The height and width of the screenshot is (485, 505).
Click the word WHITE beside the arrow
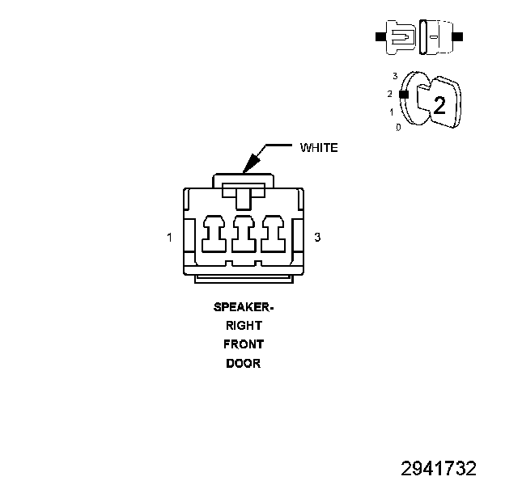click(x=319, y=148)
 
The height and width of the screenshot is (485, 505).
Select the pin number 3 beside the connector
click(x=317, y=238)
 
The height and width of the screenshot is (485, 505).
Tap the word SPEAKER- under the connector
click(x=244, y=307)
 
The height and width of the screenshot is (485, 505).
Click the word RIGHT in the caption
click(x=244, y=326)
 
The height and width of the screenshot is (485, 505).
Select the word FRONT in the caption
click(x=244, y=344)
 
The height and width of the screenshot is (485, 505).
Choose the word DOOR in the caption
click(x=244, y=363)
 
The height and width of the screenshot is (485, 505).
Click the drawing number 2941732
click(x=439, y=468)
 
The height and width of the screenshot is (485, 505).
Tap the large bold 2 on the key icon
click(x=439, y=104)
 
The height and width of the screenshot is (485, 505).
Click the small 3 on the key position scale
click(x=395, y=76)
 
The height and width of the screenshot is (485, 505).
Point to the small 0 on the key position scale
click(x=398, y=128)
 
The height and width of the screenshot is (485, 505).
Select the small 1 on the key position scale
click(x=392, y=112)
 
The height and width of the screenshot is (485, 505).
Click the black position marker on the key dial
click(x=401, y=94)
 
